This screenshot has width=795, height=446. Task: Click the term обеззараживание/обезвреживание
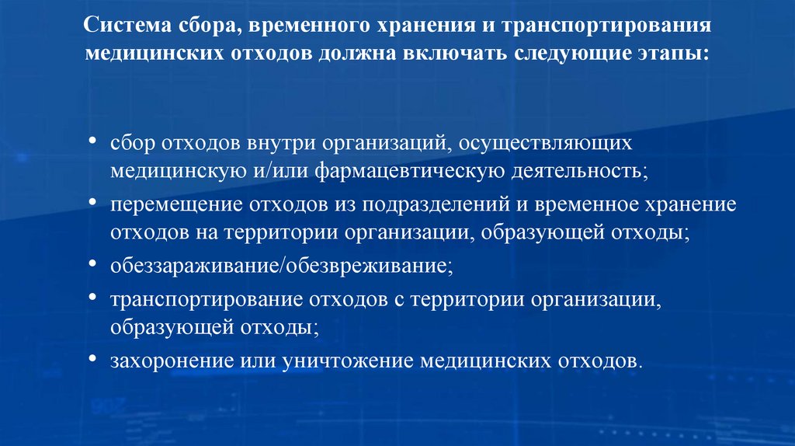click(279, 266)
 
